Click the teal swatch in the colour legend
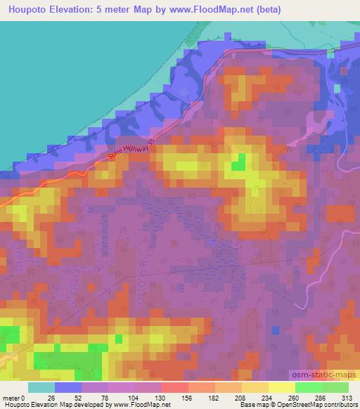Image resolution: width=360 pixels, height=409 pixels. pyautogui.click(x=41, y=387)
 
